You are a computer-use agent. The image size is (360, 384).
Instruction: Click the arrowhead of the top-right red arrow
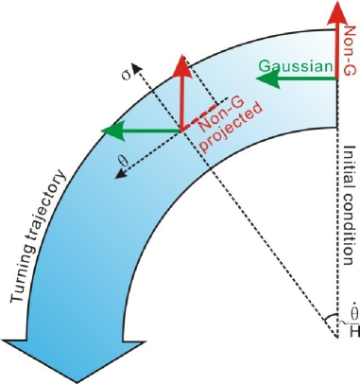(x=337, y=11)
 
